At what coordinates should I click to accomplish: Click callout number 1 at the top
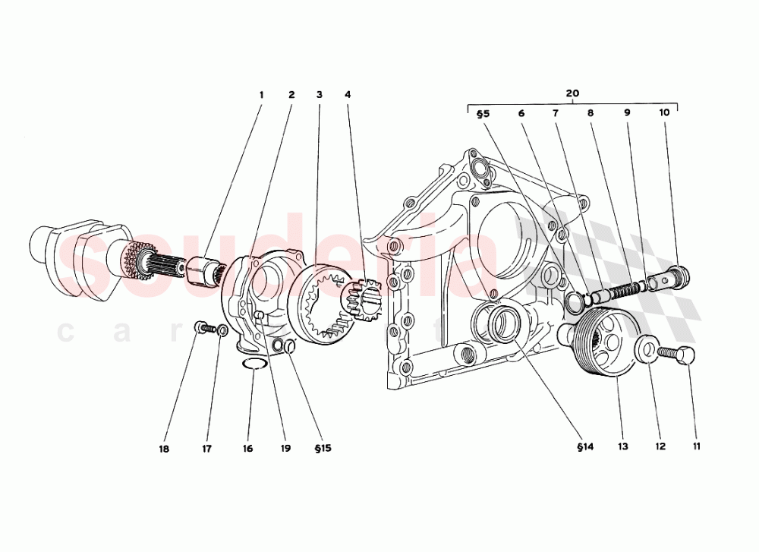tap(261, 95)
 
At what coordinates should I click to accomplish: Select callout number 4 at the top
tap(347, 95)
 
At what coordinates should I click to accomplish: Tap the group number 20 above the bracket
tap(572, 93)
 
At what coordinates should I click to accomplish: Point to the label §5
tap(483, 113)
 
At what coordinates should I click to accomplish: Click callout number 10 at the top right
tap(664, 113)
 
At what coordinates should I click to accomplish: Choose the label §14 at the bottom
tap(584, 447)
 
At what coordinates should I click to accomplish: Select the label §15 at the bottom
tap(322, 449)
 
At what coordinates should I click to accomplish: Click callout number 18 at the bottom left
tap(164, 449)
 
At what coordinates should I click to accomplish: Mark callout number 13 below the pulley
tap(622, 447)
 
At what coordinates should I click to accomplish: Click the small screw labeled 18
tap(201, 328)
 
